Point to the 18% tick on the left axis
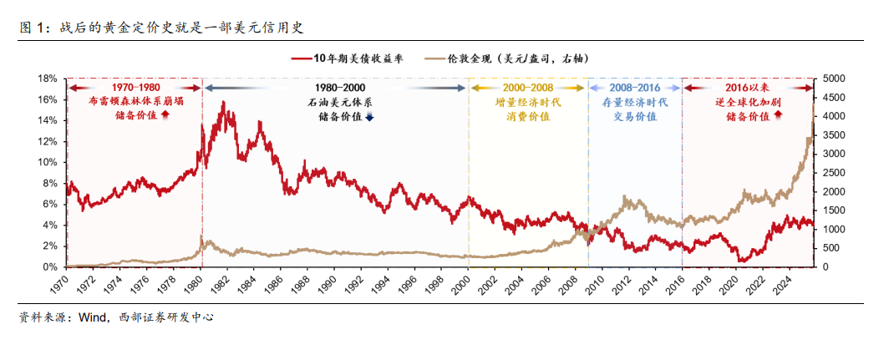pos(48,79)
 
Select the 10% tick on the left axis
pos(48,162)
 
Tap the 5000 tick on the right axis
pos(836,79)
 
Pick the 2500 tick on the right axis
pos(836,173)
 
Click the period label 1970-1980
pos(135,88)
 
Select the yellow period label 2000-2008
pos(527,88)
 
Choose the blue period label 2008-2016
pos(635,88)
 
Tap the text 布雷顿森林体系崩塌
pos(135,101)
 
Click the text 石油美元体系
pos(339,101)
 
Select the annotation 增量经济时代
pos(527,101)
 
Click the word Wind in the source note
pos(92,317)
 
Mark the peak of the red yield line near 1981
pos(222,102)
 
